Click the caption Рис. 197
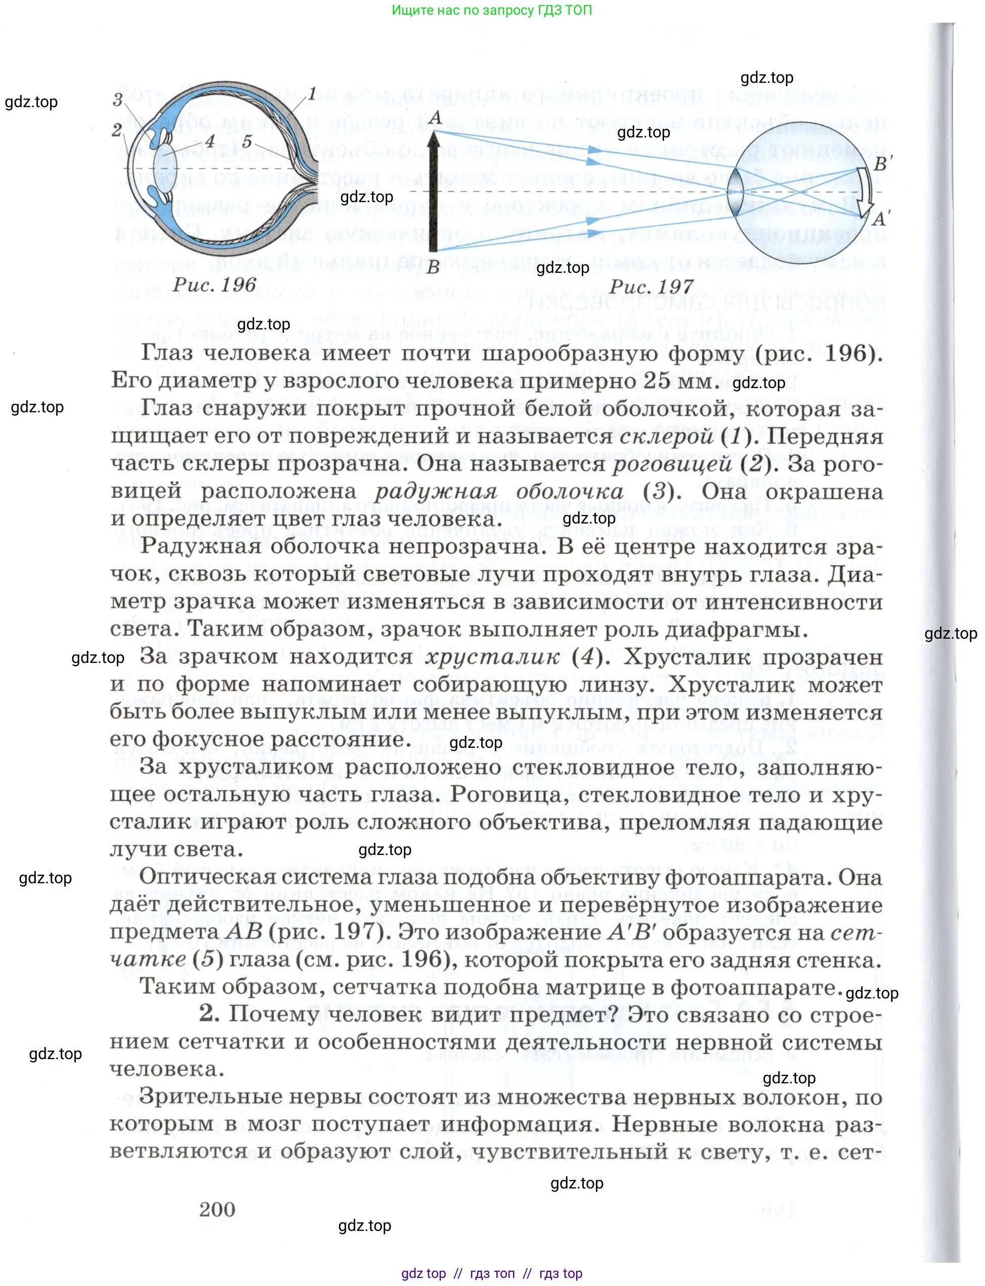click(x=651, y=287)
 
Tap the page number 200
click(x=217, y=1209)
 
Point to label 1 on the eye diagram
click(x=312, y=94)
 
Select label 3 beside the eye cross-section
click(x=118, y=100)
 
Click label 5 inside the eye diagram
click(x=247, y=141)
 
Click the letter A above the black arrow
click(x=435, y=118)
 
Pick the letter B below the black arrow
click(x=433, y=267)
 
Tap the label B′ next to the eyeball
click(x=882, y=164)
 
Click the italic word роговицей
click(x=671, y=464)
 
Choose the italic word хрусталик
click(x=492, y=656)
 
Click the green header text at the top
click(x=491, y=10)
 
